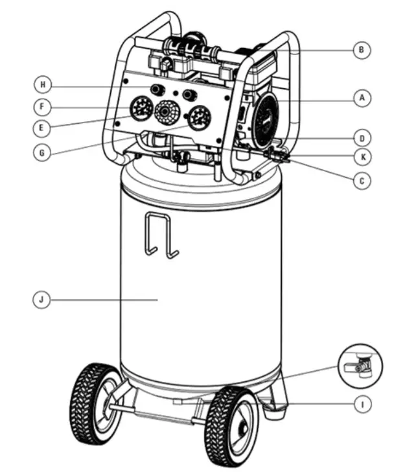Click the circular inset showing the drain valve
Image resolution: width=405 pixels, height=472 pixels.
pyautogui.click(x=360, y=366)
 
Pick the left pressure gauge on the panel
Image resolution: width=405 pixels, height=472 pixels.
pyautogui.click(x=138, y=110)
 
